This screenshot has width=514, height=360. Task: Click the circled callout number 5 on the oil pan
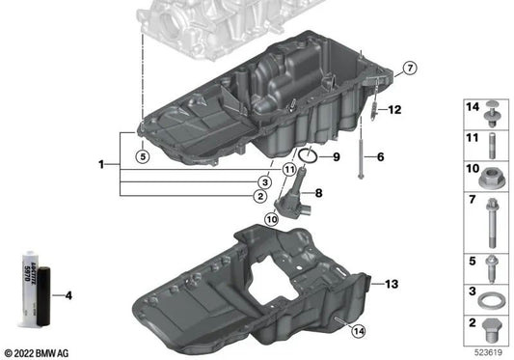[x=141, y=155]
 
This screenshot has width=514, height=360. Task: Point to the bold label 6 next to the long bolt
[x=380, y=156]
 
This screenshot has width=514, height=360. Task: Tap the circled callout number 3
[x=263, y=181]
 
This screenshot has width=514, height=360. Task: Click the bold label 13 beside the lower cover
[x=391, y=284]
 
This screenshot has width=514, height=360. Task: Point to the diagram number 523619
[x=489, y=352]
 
